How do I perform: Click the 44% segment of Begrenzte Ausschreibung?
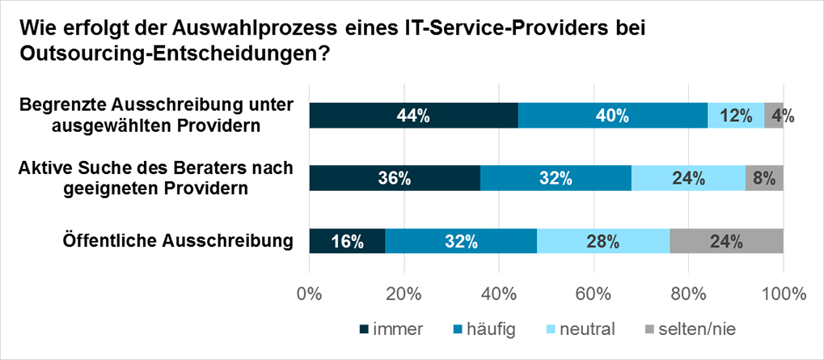click(x=413, y=116)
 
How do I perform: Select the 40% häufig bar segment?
click(x=612, y=116)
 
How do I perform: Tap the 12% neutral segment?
click(x=736, y=116)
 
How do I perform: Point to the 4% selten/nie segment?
click(x=774, y=116)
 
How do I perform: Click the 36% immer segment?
click(x=395, y=178)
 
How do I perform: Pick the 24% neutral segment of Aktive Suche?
click(x=688, y=178)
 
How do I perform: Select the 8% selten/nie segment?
click(x=764, y=178)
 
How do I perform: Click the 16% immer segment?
click(x=347, y=241)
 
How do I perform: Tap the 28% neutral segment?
click(x=603, y=241)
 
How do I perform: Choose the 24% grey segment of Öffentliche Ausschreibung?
click(x=726, y=241)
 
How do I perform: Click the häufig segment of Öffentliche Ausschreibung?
click(x=461, y=241)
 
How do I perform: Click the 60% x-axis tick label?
click(x=594, y=294)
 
